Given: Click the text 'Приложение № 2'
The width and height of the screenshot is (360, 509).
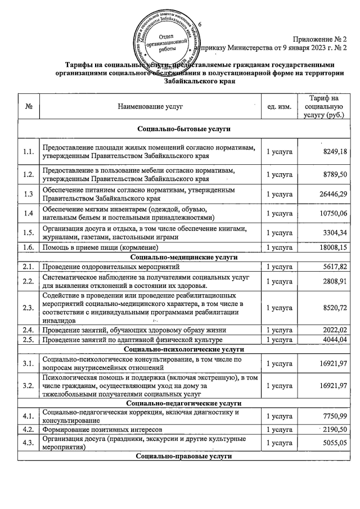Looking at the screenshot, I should pos(319,39).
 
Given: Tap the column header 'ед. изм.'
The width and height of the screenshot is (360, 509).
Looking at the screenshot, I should pos(279,106).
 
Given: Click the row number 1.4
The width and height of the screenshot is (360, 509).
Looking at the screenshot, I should pos(29,214).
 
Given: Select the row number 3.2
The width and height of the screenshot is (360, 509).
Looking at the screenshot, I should pos(29,386).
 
